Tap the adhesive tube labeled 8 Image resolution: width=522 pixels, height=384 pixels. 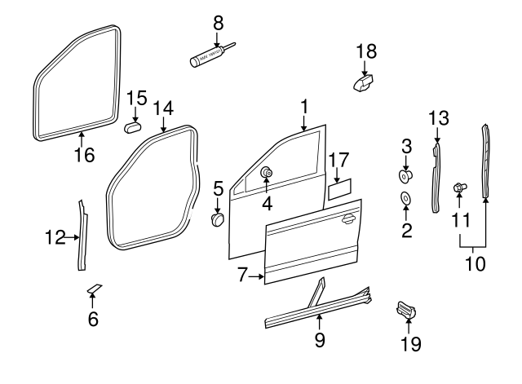click(x=209, y=56)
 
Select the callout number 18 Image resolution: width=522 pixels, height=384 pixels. click(x=366, y=51)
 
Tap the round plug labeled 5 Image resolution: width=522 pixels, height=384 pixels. click(x=218, y=220)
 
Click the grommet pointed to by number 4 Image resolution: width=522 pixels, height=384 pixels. click(x=266, y=173)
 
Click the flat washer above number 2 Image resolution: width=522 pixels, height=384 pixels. click(x=405, y=198)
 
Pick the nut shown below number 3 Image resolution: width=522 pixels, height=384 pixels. click(x=405, y=174)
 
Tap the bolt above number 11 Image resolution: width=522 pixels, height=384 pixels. click(x=459, y=188)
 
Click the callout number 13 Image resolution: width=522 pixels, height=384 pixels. click(x=439, y=118)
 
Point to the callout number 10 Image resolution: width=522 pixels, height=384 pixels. click(x=472, y=263)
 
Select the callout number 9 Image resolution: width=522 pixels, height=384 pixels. click(x=320, y=338)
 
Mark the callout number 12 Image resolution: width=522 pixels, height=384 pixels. click(x=55, y=238)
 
